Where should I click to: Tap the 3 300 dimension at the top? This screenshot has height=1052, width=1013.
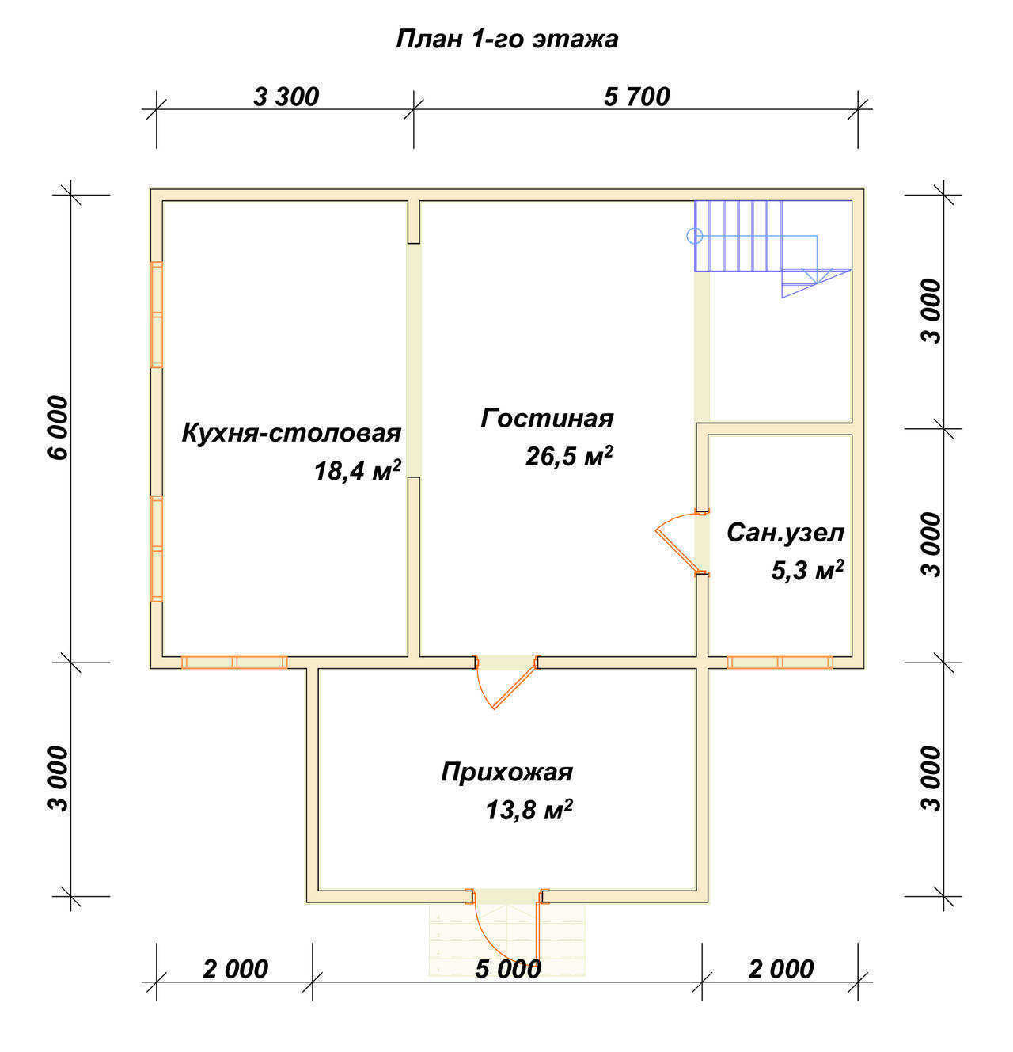coord(286,97)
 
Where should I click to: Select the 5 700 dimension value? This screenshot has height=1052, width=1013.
coord(636,97)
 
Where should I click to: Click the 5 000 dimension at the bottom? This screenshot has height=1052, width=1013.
coord(507,970)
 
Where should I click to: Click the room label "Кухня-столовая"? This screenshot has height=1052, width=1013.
coord(291,434)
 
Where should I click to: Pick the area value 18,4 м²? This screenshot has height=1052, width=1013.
coord(358,470)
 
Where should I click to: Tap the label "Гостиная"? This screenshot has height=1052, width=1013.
coord(547,419)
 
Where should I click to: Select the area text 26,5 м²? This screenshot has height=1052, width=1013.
coord(569,456)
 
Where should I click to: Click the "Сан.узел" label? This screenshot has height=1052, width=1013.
coord(785,533)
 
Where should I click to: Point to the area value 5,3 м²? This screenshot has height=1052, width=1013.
coord(807,571)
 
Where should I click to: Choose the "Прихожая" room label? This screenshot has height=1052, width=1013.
coord(506,773)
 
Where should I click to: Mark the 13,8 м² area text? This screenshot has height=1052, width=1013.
coord(529,810)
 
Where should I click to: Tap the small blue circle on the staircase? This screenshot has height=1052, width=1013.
coord(695,236)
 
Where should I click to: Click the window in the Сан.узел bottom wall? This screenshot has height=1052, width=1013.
coord(780,663)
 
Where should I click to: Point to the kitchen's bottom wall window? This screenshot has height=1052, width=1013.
coord(234,663)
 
